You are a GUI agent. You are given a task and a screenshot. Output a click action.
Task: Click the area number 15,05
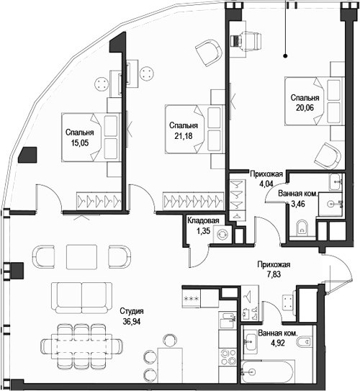click(x=80, y=143)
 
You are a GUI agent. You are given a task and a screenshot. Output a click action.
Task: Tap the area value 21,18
click(x=184, y=136)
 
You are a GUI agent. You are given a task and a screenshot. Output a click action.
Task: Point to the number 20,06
click(x=305, y=108)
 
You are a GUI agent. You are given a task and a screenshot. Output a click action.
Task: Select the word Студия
click(x=132, y=311)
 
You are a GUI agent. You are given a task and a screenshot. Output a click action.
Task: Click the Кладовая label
click(x=203, y=220)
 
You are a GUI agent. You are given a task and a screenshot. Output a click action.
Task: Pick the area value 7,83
click(x=274, y=274)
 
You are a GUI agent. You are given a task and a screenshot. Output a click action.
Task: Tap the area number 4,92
click(x=278, y=343)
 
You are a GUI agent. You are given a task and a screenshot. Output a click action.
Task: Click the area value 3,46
click(x=298, y=204)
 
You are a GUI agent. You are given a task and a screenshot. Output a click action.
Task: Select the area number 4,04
click(x=266, y=184)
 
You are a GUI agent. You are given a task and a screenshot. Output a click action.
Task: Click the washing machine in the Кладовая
click(x=222, y=235)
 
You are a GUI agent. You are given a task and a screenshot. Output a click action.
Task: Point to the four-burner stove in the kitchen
click(x=227, y=357)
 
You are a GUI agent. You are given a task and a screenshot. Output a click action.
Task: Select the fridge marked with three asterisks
click(x=192, y=299)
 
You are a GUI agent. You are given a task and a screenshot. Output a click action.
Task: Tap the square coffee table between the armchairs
click(x=81, y=256)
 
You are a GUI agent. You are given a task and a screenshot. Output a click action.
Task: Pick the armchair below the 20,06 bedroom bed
click(x=328, y=156)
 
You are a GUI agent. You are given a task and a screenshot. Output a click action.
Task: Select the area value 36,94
click(x=131, y=322)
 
